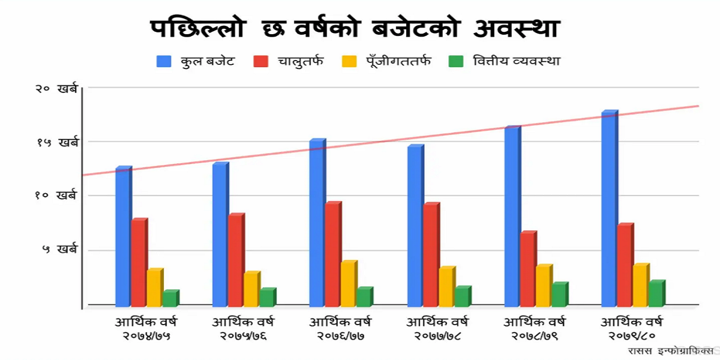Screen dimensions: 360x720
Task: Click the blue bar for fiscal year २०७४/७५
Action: point(122,237)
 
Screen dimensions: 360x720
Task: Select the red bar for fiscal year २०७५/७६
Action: point(235,260)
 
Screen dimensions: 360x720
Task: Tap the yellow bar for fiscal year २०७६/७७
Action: point(348,284)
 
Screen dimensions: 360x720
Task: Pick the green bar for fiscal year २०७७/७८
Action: point(461,296)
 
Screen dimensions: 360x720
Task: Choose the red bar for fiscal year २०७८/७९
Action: point(527,269)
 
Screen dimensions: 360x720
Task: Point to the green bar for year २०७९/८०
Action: point(656,293)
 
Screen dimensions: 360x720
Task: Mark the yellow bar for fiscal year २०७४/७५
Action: point(154,287)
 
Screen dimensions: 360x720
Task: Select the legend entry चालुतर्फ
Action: point(300,61)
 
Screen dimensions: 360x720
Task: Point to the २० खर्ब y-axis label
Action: point(56,88)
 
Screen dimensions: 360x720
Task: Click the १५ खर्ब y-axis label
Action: point(56,142)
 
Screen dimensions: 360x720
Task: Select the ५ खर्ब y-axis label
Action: point(60,250)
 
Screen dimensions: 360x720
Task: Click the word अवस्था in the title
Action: point(516,28)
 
